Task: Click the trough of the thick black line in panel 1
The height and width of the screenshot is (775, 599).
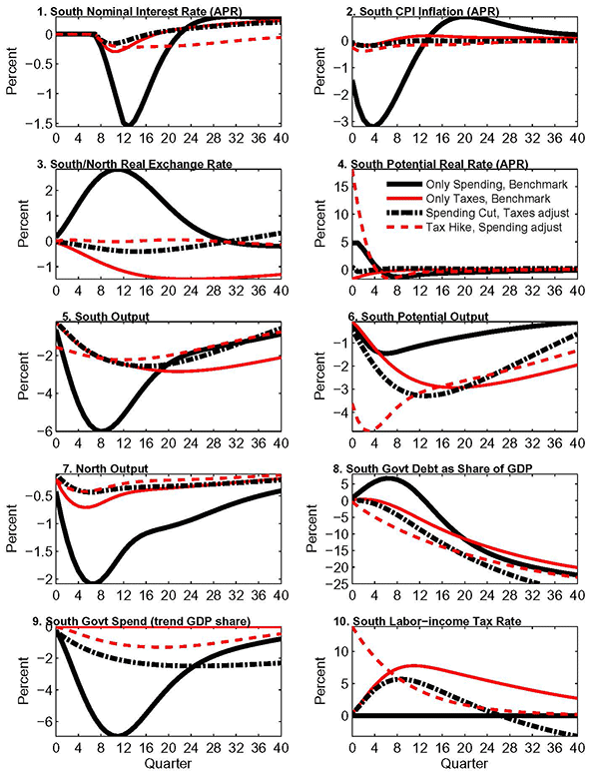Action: click(x=128, y=123)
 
